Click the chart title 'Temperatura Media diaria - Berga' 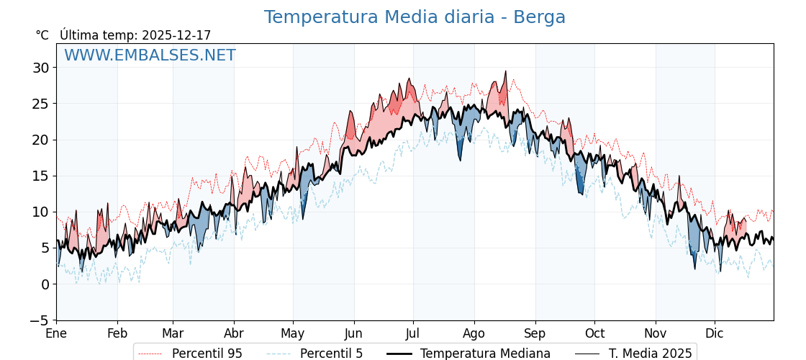(x=415, y=17)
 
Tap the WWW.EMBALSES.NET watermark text (x=150, y=55)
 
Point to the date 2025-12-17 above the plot (x=176, y=35)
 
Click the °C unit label (x=42, y=35)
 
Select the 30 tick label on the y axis (x=40, y=68)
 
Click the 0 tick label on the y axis (x=45, y=284)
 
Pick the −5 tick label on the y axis (x=40, y=320)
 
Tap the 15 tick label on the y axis (x=40, y=176)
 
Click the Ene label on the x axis (x=56, y=333)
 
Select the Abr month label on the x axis (x=234, y=333)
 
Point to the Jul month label (x=413, y=333)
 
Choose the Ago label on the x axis (x=474, y=333)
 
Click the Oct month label (x=594, y=333)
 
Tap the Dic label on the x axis (x=715, y=333)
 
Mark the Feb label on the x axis (x=117, y=333)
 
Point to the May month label (x=293, y=333)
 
